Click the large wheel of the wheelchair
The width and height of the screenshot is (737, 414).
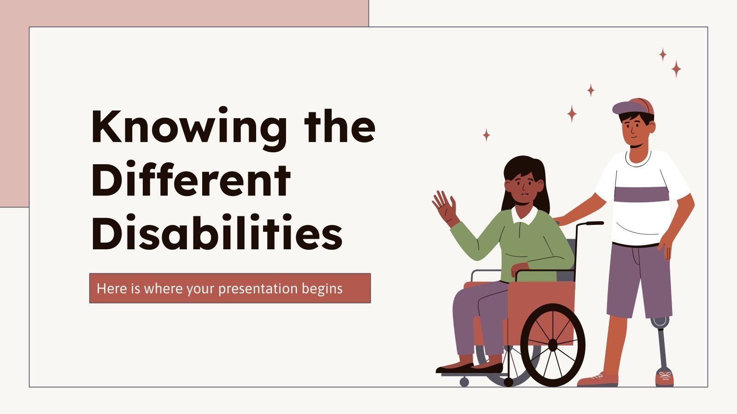553,345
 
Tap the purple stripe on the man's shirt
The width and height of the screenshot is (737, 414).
641,195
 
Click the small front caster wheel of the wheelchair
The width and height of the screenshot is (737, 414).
464,382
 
